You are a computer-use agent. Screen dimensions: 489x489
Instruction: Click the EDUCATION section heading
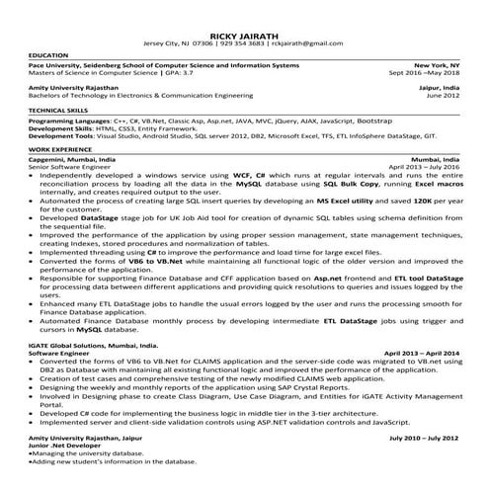tap(48, 54)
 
